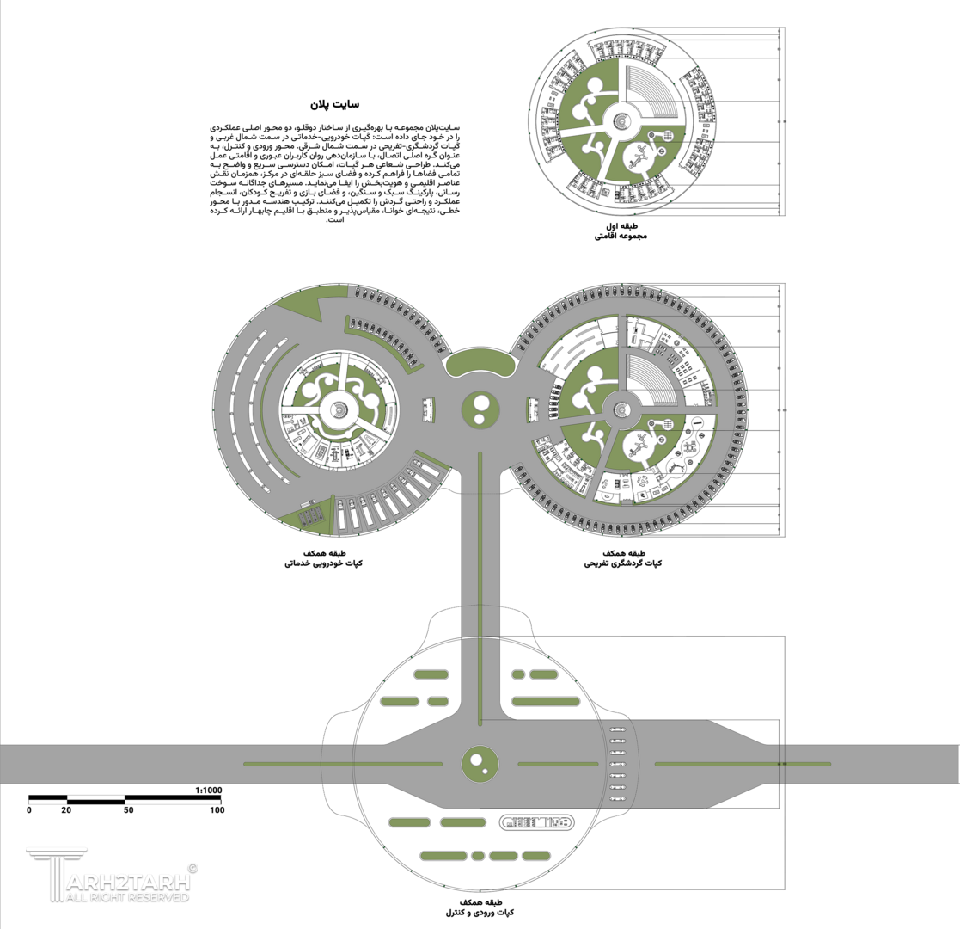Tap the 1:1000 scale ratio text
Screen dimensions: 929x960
(209, 790)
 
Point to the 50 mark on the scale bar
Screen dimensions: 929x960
(128, 810)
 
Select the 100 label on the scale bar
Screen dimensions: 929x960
(216, 810)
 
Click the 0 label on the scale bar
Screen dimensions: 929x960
(29, 810)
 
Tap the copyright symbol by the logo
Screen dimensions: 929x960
(192, 869)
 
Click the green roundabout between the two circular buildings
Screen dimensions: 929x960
(480, 408)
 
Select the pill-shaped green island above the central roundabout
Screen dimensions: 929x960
(480, 363)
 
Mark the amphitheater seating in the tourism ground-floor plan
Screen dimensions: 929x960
(653, 377)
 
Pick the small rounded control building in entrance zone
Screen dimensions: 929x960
(538, 822)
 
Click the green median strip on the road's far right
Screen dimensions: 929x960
(743, 764)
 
